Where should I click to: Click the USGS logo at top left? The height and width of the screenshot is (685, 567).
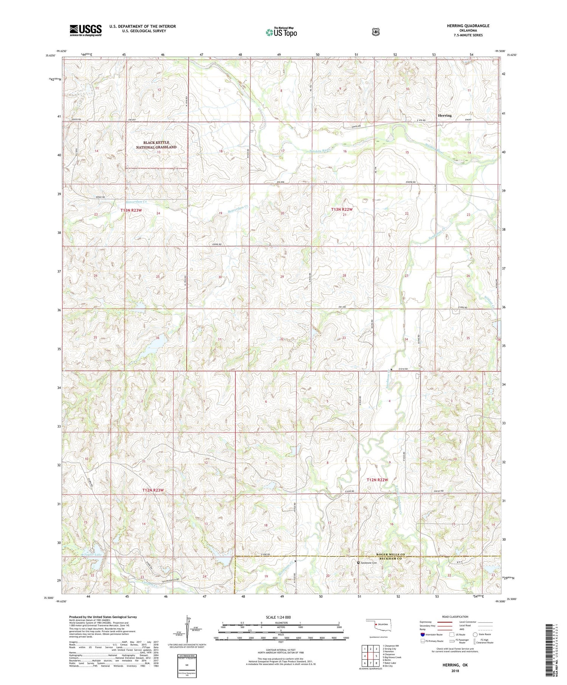pyautogui.click(x=85, y=30)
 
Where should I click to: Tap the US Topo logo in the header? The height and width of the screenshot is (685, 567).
pyautogui.click(x=281, y=32)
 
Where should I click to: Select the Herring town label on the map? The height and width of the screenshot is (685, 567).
pyautogui.click(x=445, y=116)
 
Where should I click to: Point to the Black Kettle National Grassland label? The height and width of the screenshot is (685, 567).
pyautogui.click(x=156, y=145)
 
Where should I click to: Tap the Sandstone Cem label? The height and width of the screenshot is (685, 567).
pyautogui.click(x=368, y=563)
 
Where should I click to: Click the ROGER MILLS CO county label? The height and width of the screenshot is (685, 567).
pyautogui.click(x=390, y=554)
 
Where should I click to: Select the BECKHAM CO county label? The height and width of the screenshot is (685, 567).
pyautogui.click(x=390, y=558)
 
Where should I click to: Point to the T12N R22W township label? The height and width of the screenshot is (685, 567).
pyautogui.click(x=377, y=479)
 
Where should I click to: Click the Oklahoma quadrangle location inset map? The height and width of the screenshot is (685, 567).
pyautogui.click(x=381, y=626)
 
